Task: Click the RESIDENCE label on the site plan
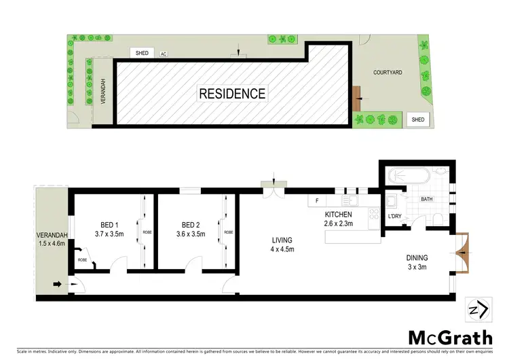pos(232,94)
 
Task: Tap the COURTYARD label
pos(389,71)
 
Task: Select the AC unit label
pos(164,54)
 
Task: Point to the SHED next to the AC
pos(142,53)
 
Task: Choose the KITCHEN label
pos(337,215)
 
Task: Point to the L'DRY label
pos(395,216)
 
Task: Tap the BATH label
pos(427,199)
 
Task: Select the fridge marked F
pos(317,201)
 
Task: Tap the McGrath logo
pos(450,338)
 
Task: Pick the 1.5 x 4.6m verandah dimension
pos(52,243)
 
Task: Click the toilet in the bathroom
pos(438,218)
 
